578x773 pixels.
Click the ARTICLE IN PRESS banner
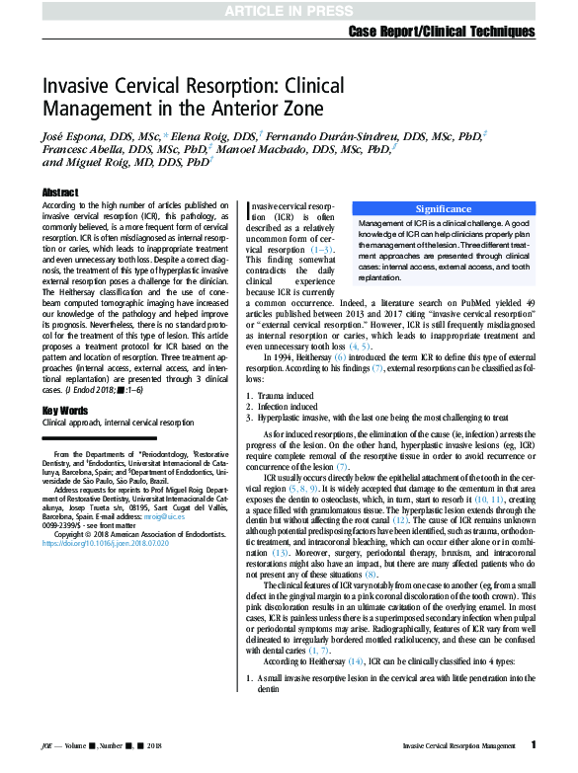click(x=289, y=11)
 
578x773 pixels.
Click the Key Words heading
click(x=65, y=410)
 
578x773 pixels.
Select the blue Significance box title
click(x=443, y=209)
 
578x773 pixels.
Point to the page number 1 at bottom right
click(x=534, y=745)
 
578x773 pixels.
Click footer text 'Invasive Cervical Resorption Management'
click(x=459, y=746)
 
